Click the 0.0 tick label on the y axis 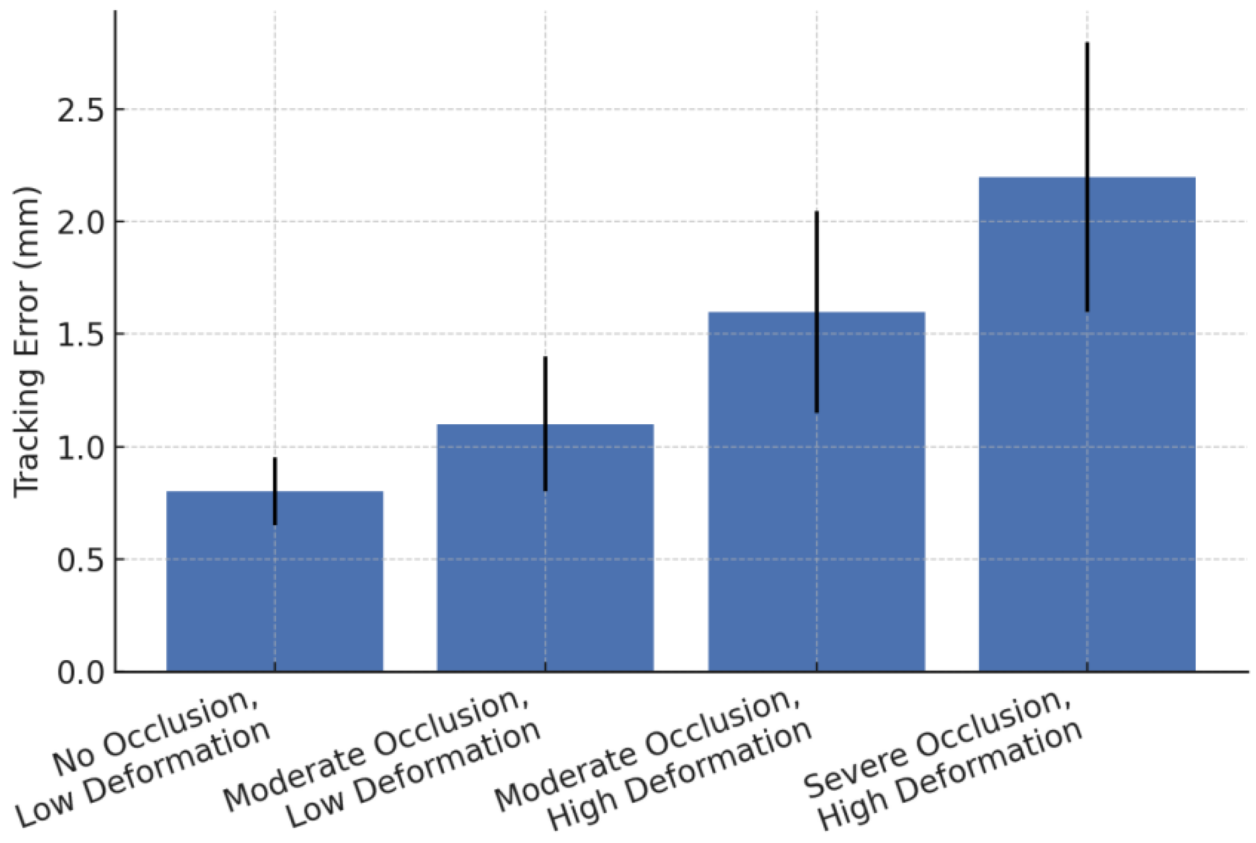[80, 673]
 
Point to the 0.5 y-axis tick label [80, 560]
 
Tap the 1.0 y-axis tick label [80, 448]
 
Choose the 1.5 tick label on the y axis [80, 335]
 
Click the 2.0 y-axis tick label [80, 222]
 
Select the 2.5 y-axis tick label [80, 110]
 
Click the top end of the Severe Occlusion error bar [1087, 44]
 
